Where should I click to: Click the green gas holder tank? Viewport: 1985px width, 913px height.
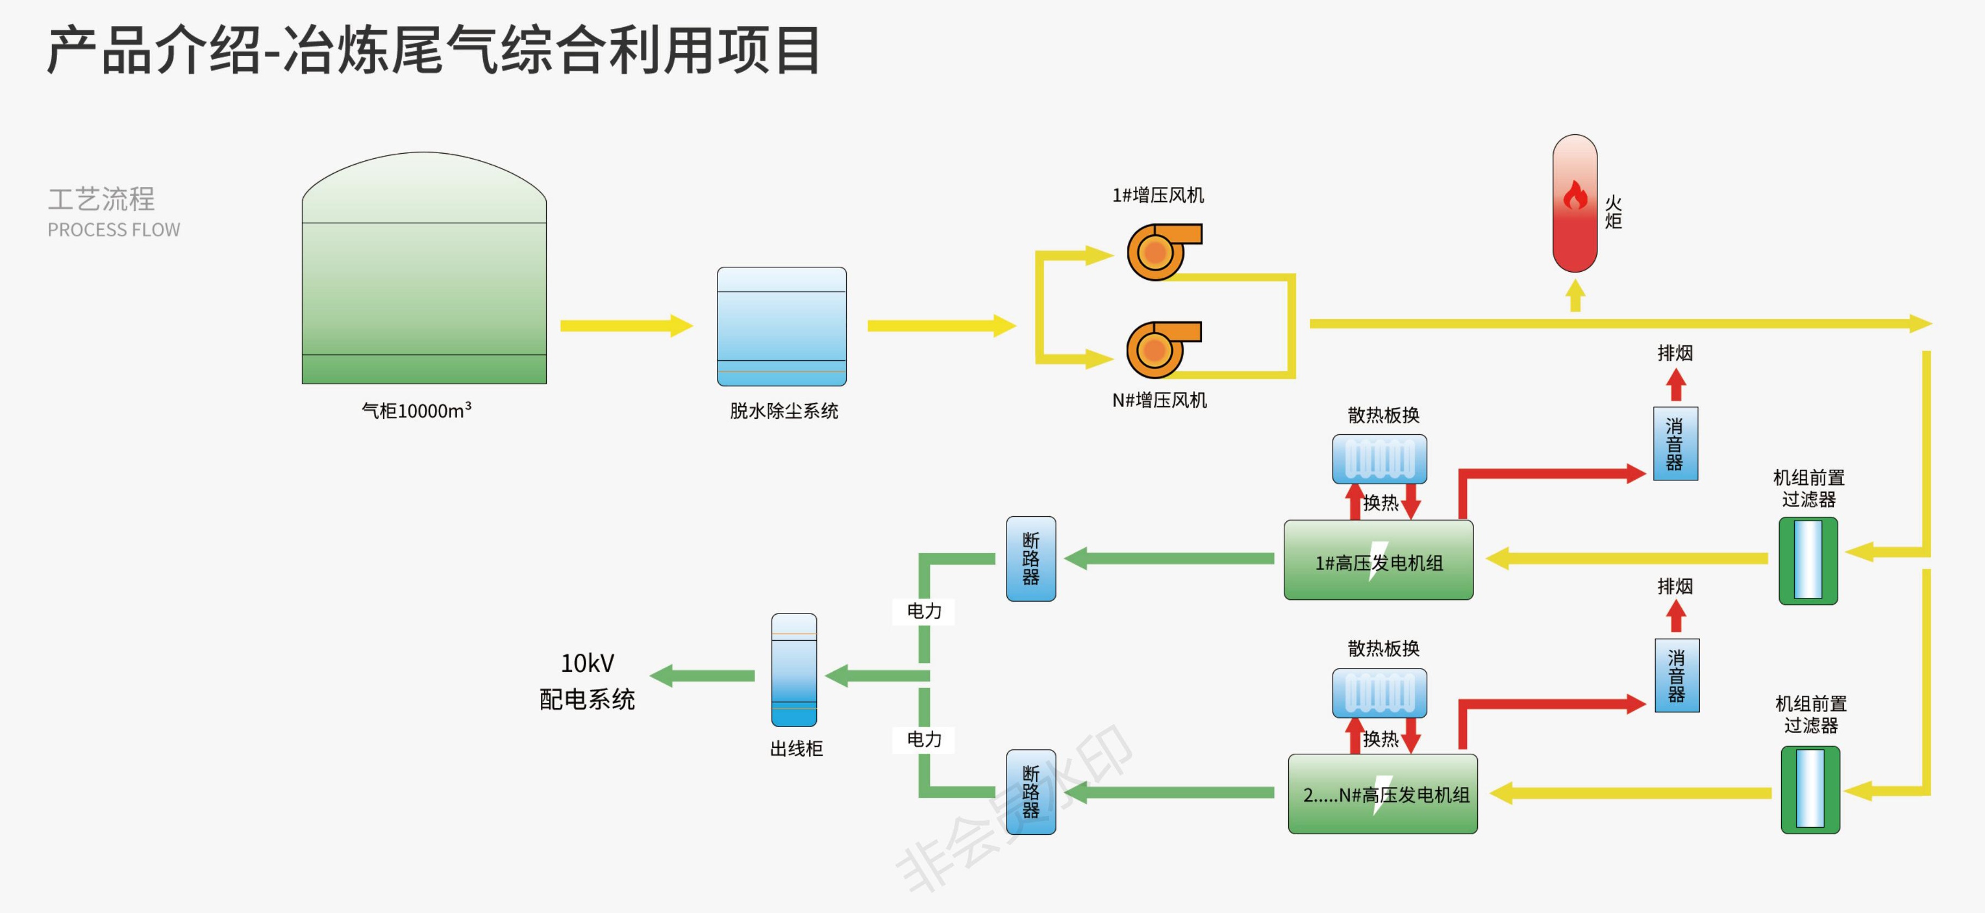tap(424, 277)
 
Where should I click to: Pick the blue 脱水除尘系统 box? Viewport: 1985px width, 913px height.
tap(782, 326)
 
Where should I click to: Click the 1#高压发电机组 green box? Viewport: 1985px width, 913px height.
tap(1378, 560)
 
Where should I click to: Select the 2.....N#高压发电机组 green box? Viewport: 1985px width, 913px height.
tap(1382, 793)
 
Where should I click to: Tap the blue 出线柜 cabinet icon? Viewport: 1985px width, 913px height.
tap(794, 670)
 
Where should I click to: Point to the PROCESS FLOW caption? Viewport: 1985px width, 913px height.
tap(114, 229)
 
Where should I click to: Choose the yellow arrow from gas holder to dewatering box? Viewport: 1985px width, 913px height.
tap(626, 326)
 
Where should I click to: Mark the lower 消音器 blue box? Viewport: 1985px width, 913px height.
tap(1676, 676)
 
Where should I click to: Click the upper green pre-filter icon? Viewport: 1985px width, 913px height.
tap(1808, 560)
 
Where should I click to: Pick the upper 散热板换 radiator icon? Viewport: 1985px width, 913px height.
tap(1379, 459)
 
